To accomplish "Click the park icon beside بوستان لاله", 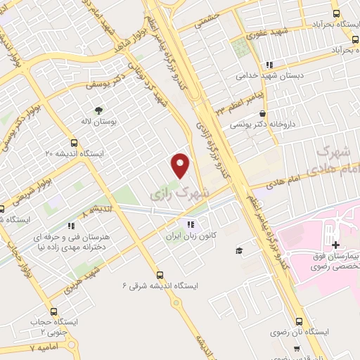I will [98, 110].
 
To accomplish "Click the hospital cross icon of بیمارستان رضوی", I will [336, 245].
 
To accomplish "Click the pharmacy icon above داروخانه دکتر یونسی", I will [262, 113].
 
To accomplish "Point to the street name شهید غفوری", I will [262, 34].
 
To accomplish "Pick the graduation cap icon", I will [239, 250].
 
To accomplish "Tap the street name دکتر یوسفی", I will [100, 84].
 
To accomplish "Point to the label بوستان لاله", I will [98, 122].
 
